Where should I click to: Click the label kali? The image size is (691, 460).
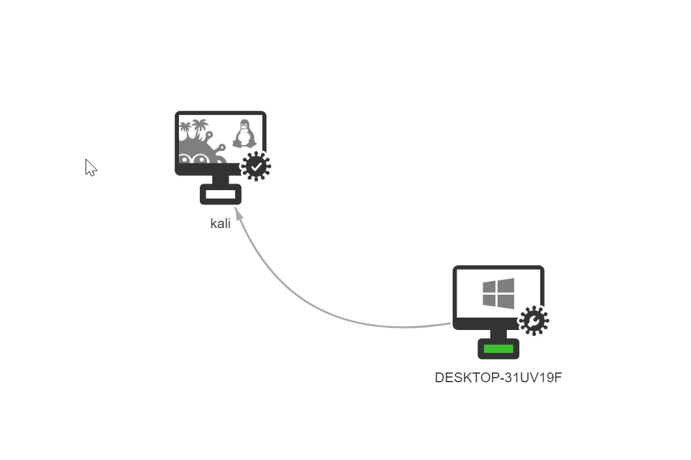[x=220, y=223]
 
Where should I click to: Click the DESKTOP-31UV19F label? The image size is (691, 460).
[x=498, y=378]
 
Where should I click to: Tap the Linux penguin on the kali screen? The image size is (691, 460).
[x=244, y=135]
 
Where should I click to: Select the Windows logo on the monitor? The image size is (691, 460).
[x=498, y=293]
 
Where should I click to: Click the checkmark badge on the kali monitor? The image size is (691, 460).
[x=256, y=167]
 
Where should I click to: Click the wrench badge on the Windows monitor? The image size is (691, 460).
[x=534, y=321]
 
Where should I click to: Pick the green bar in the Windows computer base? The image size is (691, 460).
[x=498, y=349]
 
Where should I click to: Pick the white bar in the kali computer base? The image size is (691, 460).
[x=220, y=194]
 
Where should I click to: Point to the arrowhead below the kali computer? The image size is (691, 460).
[x=238, y=213]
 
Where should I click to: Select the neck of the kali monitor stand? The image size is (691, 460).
[x=220, y=180]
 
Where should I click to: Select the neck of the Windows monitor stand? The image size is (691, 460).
[x=498, y=334]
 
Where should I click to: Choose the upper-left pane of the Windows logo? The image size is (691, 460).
[x=490, y=287]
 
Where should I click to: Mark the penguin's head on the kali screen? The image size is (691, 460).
[x=245, y=125]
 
